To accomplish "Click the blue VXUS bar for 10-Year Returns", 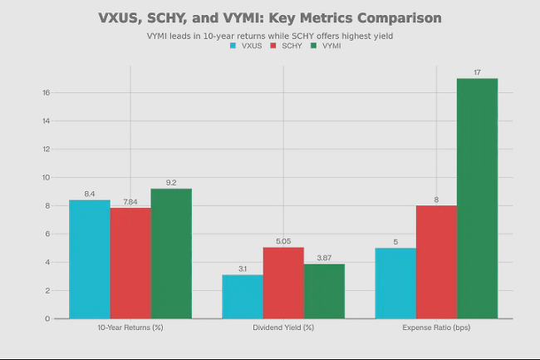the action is coord(90,259).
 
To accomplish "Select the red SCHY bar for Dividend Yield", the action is coord(283,283).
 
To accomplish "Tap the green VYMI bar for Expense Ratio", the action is coord(478,199).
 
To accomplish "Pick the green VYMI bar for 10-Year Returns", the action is coord(171,254).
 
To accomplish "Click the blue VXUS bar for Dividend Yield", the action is coord(243,297).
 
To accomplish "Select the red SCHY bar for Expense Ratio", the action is coord(436,262).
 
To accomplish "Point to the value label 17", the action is coord(477,72).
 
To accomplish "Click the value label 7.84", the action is coord(130,202).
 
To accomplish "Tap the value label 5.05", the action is coord(283,241).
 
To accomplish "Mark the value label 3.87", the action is coord(324,258).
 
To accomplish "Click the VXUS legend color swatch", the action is coord(233,46).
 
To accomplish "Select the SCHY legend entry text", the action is coord(292,46).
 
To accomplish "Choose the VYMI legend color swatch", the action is coord(313,46).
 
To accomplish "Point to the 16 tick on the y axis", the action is coord(47,92).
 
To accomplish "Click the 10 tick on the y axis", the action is coord(47,177).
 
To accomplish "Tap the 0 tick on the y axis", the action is coord(47,318).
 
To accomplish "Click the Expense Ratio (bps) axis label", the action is coord(436,328).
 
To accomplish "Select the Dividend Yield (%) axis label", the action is coord(283,328).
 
